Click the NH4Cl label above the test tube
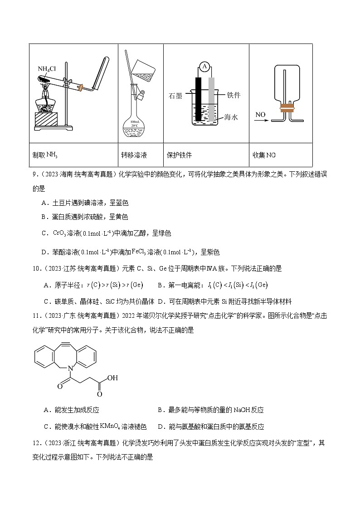point(47,69)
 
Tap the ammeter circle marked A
point(204,67)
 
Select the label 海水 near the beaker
point(231,117)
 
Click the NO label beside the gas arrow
point(260,115)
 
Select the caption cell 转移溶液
point(134,155)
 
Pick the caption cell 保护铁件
point(180,155)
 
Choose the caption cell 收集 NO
point(264,155)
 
